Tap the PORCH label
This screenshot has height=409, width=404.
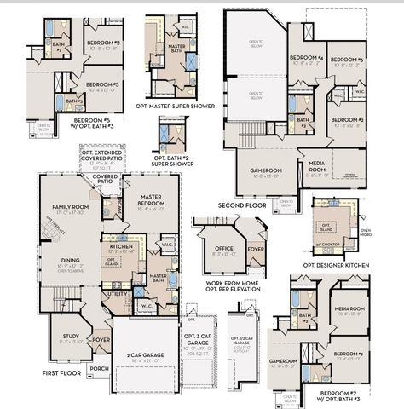[x=99, y=368]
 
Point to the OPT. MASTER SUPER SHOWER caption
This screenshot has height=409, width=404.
[x=178, y=106]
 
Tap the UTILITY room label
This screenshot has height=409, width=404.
[x=117, y=293]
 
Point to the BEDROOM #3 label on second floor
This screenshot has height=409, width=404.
[x=349, y=60]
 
